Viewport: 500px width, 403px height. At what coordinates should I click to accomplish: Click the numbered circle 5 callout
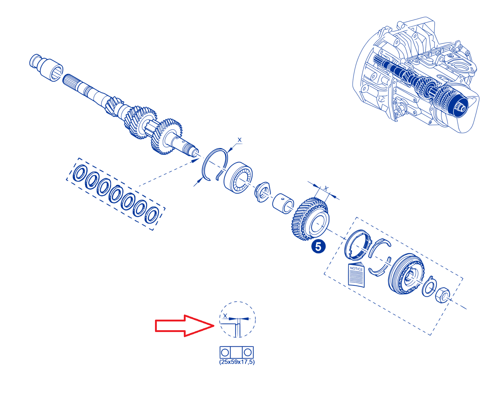coord(318,246)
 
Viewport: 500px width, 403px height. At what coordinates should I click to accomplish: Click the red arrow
coord(185,326)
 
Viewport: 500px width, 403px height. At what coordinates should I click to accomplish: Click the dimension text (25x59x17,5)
coord(237,362)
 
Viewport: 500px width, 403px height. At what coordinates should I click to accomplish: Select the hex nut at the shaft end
coord(442,295)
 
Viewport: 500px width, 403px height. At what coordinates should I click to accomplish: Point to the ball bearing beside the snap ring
coord(238,177)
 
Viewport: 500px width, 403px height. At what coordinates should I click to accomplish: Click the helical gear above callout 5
coord(310,218)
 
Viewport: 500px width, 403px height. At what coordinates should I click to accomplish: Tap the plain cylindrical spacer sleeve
coord(283,204)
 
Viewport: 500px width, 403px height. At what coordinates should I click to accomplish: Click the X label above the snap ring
coord(240,140)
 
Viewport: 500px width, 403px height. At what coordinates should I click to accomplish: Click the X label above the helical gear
coord(326,188)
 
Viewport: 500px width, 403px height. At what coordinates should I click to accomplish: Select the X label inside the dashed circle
coord(225,316)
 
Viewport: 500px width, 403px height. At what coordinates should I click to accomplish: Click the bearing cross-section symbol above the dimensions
coord(236,352)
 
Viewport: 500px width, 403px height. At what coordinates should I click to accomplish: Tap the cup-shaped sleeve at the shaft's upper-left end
coord(46,67)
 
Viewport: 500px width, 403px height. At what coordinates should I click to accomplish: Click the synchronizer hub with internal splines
coord(406,274)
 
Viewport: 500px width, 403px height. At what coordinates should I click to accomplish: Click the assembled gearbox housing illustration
coord(415,75)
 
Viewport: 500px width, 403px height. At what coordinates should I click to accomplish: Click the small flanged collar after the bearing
coord(263,192)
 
